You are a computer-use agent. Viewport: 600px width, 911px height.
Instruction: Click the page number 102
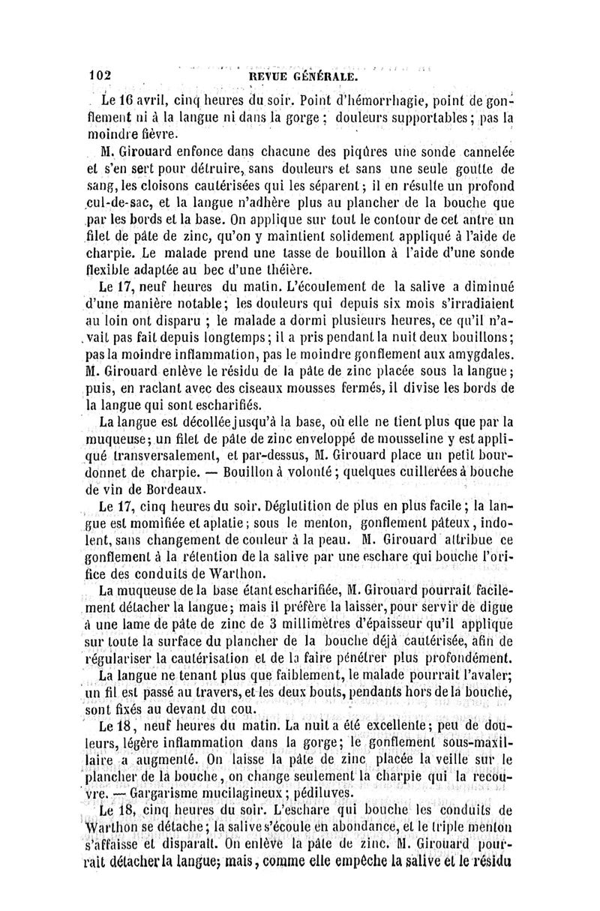pos(99,76)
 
